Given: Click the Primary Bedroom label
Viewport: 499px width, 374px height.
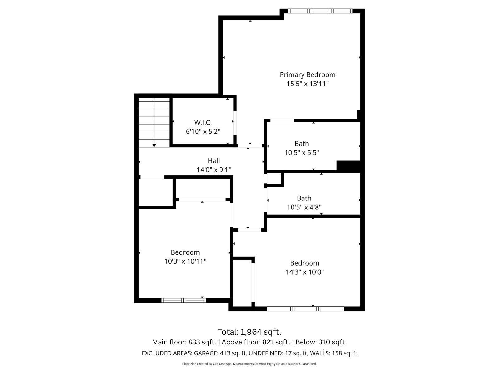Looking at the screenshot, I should pos(308,75).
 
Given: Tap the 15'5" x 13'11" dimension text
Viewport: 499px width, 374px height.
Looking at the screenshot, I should pos(308,84).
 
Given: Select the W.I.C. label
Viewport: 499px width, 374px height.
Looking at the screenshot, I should pos(203,122).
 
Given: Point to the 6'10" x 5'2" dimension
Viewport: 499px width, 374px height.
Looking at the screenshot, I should pos(203,132).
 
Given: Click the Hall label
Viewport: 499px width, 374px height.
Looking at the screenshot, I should pos(214,161).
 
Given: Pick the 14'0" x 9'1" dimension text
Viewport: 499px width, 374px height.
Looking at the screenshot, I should pos(214,170).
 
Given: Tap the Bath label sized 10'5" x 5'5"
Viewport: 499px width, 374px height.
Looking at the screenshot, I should pos(302,144).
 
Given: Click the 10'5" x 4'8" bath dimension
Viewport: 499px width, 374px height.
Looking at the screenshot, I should pos(304,207).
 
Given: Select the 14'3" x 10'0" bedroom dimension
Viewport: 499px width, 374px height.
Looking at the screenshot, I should pos(304,272).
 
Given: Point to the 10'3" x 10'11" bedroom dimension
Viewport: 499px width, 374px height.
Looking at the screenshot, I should pos(185,261).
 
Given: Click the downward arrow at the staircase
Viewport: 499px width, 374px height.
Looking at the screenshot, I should pos(154,145).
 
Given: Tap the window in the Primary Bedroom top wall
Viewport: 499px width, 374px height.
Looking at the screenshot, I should pos(320,11).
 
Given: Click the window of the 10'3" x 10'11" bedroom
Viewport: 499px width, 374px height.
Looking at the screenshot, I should pos(183,300).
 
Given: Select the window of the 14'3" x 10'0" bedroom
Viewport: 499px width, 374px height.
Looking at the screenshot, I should pos(306,309).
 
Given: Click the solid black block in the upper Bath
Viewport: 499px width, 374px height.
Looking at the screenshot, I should pos(348,166).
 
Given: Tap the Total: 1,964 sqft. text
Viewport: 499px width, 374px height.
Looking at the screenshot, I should pos(249,332).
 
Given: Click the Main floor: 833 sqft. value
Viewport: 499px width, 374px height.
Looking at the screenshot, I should pos(184,342).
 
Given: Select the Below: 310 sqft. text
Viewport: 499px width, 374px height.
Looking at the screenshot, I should pos(321,342).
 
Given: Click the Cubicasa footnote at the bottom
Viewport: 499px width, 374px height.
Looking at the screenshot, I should pos(249,364).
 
